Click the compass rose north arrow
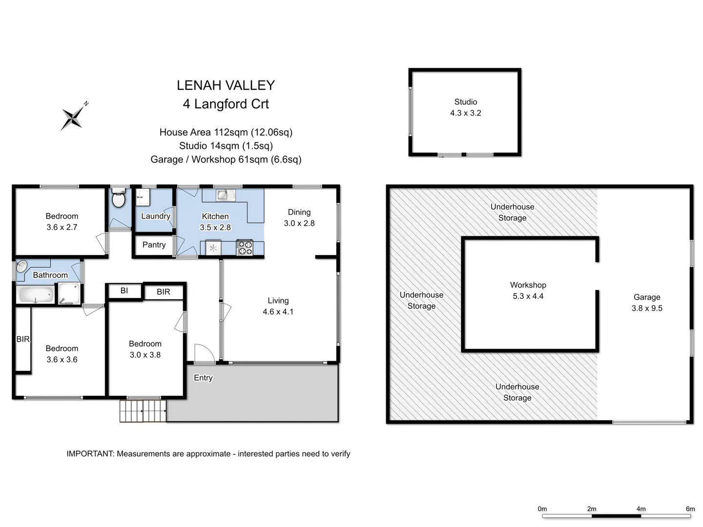coord(73,117)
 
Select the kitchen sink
coord(224,195)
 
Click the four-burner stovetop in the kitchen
coord(245,247)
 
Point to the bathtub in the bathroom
coord(36,295)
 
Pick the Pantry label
coord(154,245)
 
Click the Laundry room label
coord(155,216)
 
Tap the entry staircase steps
coord(143,411)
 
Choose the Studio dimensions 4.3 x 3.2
coord(465,113)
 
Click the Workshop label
coord(528,285)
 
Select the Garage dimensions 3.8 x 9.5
coord(647,308)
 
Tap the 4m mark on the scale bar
coord(641,509)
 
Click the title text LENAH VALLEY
coord(226,85)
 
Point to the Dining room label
coord(299,212)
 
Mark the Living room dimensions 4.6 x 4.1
coord(278,312)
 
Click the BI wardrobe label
coord(124,291)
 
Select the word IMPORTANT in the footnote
coord(90,454)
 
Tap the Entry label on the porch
coord(203,378)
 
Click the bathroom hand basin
coord(22,266)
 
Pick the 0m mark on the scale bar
coord(542,509)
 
